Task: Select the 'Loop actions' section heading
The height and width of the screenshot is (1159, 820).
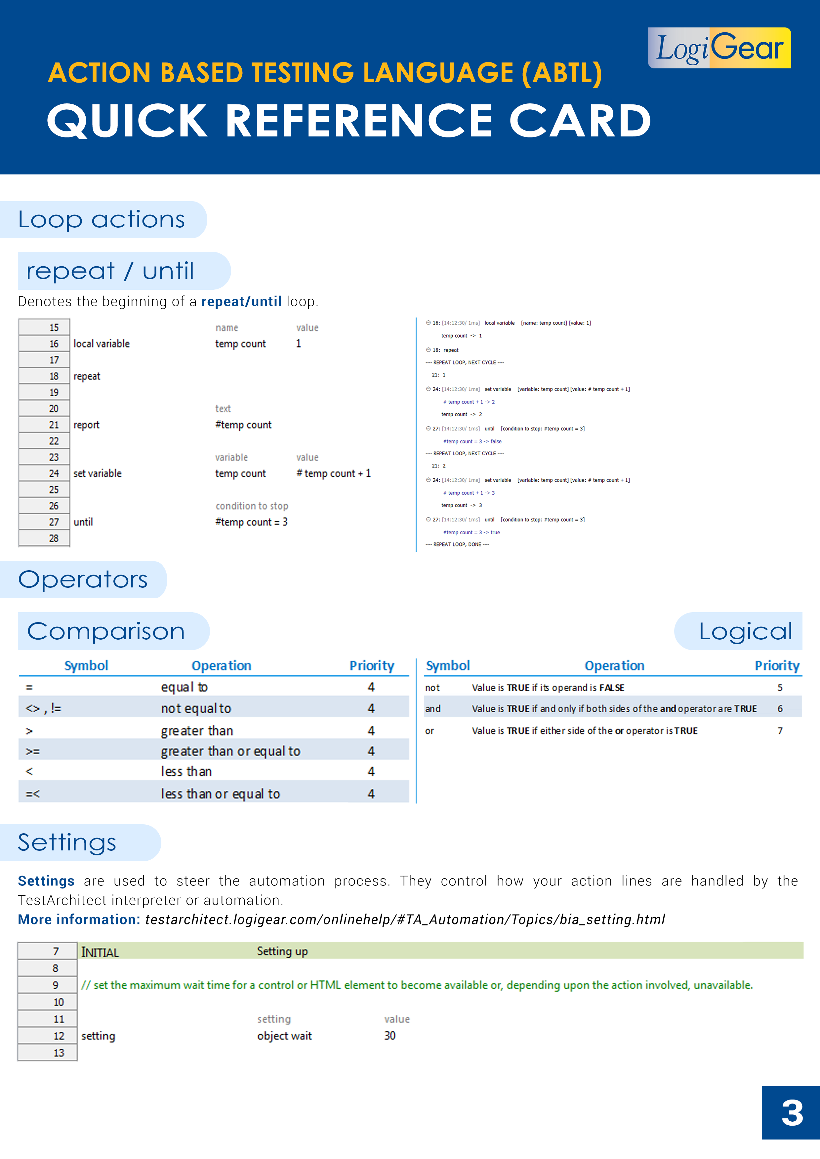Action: (102, 220)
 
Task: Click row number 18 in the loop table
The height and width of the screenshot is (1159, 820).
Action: (54, 376)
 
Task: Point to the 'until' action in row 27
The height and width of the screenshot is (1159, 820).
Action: (83, 522)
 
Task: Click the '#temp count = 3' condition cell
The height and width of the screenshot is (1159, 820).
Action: (251, 522)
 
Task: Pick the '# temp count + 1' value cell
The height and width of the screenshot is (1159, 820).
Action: (334, 473)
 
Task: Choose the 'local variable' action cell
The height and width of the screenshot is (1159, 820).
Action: (102, 344)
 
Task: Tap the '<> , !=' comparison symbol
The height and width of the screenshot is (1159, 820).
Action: (43, 709)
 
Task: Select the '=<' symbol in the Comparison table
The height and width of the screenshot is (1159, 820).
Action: (32, 794)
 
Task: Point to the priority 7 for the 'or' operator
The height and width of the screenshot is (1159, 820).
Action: (780, 731)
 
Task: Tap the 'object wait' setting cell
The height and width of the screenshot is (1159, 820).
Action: (284, 1036)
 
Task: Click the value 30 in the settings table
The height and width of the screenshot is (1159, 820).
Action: (389, 1036)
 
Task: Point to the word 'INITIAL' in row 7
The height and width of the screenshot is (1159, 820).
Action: (100, 953)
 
